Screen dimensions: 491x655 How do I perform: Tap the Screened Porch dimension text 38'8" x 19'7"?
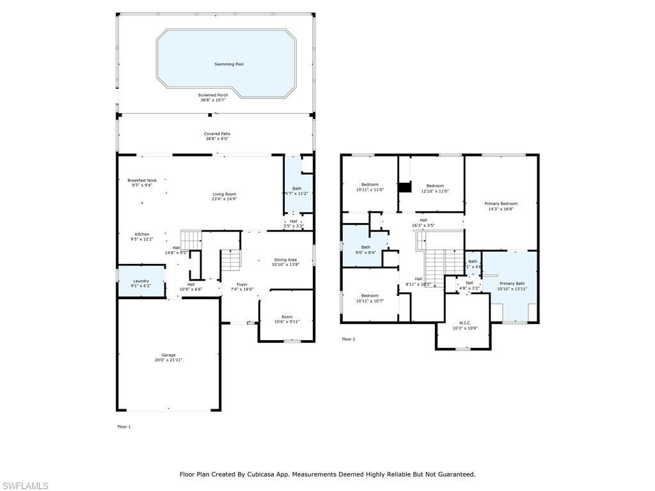212,100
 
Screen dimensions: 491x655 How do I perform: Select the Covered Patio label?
217,134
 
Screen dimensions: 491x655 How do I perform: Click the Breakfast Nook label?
141,180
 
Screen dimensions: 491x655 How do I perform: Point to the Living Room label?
225,194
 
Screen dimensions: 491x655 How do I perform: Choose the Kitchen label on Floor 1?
141,234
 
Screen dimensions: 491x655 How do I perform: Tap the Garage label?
168,355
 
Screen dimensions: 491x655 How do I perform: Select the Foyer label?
242,284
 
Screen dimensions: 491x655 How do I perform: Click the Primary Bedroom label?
501,203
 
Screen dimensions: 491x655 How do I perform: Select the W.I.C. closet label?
465,323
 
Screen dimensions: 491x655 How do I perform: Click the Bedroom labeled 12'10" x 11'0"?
434,185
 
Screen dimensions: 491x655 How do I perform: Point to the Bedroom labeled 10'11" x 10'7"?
370,295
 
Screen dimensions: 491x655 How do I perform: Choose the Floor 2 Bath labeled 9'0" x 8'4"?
365,247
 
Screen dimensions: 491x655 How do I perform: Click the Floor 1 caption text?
123,426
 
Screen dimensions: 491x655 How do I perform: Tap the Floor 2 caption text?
348,339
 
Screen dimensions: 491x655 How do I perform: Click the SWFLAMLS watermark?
24,486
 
